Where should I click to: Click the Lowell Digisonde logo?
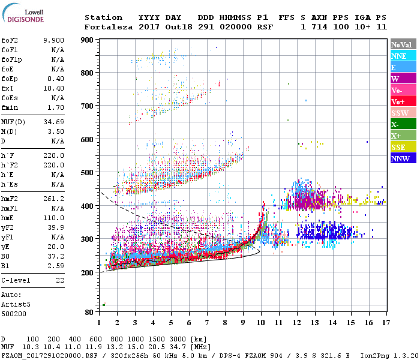pyautogui.click(x=22, y=16)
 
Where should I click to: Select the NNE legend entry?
pyautogui.click(x=398, y=56)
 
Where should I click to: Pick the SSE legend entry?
pyautogui.click(x=399, y=148)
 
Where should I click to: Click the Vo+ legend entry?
pyautogui.click(x=398, y=102)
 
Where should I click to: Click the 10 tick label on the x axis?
pyautogui.click(x=260, y=323)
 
